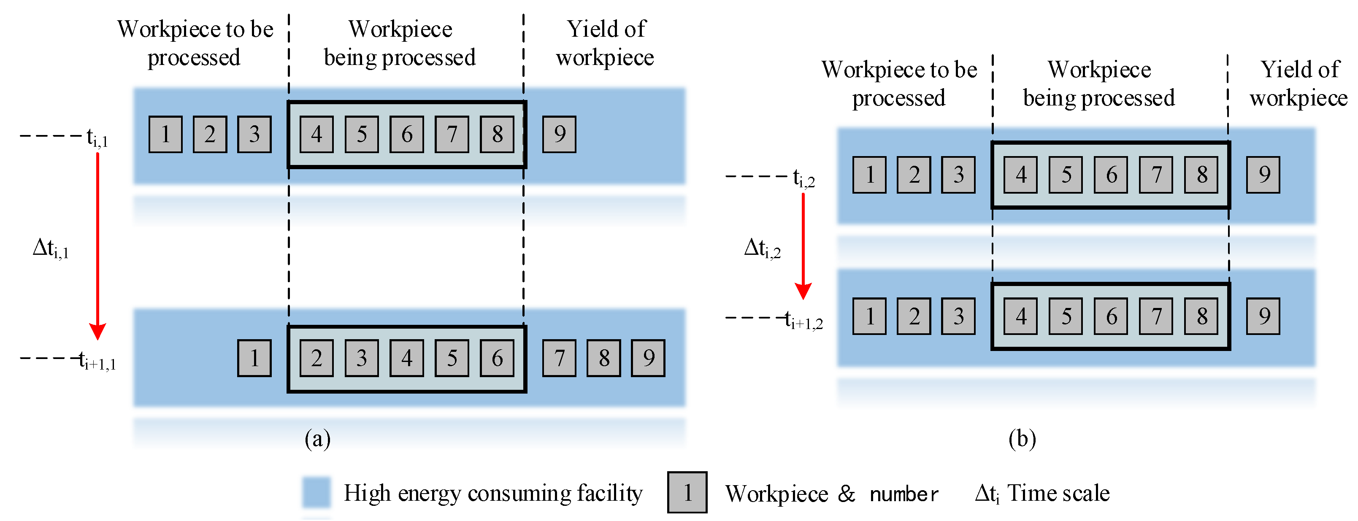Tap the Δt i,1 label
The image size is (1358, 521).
pyautogui.click(x=51, y=248)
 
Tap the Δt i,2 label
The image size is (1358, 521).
pyautogui.click(x=762, y=248)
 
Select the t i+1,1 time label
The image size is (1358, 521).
pyautogui.click(x=97, y=362)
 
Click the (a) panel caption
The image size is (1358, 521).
pyautogui.click(x=317, y=439)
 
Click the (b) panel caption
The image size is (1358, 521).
pyautogui.click(x=1022, y=439)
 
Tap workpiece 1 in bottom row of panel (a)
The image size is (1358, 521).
pyautogui.click(x=254, y=358)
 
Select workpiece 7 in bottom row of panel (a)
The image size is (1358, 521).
pyautogui.click(x=559, y=358)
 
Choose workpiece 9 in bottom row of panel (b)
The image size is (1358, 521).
pyautogui.click(x=1263, y=316)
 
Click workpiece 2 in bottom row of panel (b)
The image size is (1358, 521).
pyautogui.click(x=914, y=316)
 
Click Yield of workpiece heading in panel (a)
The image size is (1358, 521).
pyautogui.click(x=605, y=43)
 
